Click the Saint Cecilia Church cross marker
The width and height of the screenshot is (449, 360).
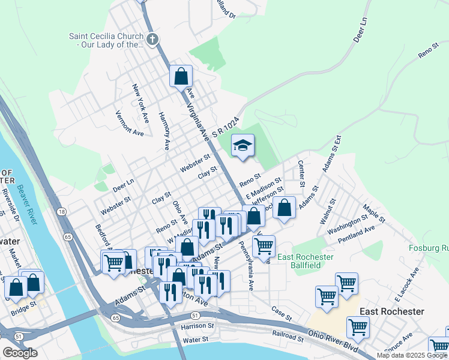pos(152,40)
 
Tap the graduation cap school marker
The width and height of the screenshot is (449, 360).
pos(243,146)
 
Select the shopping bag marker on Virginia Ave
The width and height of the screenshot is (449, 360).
pos(181,76)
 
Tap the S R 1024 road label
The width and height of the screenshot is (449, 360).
pos(228,130)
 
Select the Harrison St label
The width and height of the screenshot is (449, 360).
pos(197,326)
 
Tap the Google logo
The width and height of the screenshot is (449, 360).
pos(20,353)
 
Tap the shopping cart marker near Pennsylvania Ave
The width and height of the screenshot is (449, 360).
pos(264,245)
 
